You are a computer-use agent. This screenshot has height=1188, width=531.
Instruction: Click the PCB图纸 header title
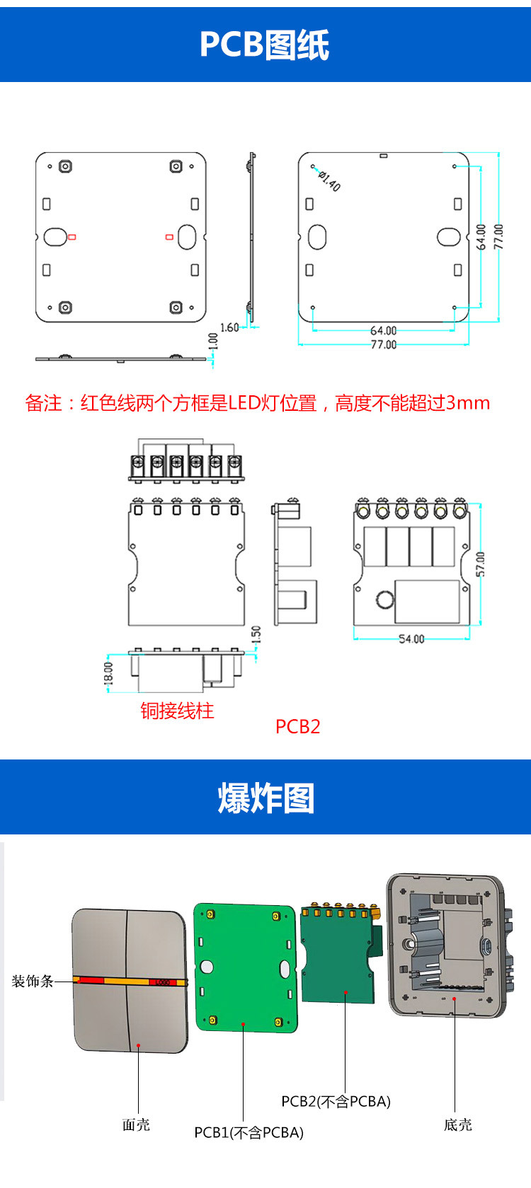pos(265,45)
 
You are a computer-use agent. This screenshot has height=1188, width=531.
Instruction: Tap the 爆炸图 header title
pos(265,798)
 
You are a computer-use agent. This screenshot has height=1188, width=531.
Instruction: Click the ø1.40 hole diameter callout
pos(329,181)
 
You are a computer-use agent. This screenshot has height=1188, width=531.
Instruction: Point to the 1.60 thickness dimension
pos(229,327)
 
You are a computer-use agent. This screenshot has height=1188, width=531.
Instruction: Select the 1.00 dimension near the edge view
pos(213,342)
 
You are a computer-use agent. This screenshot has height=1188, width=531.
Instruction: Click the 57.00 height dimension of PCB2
pos(481,564)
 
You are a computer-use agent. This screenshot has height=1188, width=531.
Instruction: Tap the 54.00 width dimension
pos(411,639)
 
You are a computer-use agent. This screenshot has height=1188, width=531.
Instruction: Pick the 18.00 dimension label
pos(108,672)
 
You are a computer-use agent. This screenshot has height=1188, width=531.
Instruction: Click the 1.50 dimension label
pos(256,634)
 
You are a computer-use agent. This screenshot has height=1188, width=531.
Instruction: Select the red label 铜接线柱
pos(177,711)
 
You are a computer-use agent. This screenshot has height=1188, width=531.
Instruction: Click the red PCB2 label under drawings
pos(297,726)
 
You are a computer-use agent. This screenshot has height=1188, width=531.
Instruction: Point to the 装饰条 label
pos(33,981)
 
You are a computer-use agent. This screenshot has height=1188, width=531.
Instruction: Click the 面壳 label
pos(136,1124)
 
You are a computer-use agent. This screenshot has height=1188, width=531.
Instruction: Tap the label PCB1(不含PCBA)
pos(249,1133)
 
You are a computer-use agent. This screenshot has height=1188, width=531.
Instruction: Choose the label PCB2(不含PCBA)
pos(336,1101)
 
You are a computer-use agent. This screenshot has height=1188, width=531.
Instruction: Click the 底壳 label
pos(457,1124)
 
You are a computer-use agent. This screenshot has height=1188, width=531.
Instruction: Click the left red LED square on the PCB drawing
pos(72,237)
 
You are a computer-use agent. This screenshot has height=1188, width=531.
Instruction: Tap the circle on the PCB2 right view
pos(384,600)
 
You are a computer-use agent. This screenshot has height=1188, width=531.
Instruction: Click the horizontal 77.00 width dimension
pos(384,344)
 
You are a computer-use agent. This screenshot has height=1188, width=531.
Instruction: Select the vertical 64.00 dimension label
pos(481,237)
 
